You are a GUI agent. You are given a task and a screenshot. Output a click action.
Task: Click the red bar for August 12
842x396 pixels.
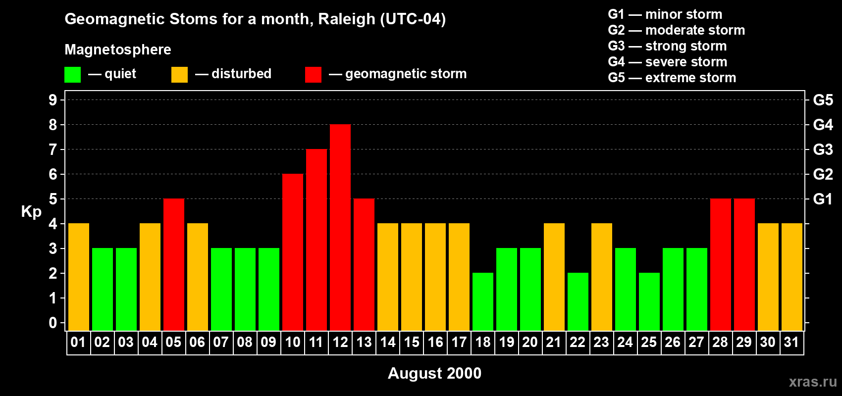340,228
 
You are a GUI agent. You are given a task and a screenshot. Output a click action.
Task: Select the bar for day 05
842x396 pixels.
174,265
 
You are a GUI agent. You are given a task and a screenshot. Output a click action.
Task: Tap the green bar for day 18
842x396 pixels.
483,301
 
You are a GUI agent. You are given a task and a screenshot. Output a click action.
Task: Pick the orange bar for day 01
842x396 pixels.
79,277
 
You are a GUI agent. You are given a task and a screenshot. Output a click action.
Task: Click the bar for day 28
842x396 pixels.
721,265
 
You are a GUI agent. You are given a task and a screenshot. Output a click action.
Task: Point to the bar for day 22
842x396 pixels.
578,301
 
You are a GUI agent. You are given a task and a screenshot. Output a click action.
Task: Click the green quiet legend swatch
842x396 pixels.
72,75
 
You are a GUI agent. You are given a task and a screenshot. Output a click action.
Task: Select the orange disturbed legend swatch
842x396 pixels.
179,75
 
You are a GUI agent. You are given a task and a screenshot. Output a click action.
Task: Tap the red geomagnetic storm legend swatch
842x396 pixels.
313,75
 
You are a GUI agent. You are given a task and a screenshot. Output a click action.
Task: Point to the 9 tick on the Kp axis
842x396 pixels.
53,100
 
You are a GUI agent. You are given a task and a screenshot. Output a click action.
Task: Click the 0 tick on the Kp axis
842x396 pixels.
53,323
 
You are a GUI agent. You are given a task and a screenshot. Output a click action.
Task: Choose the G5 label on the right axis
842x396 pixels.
823,100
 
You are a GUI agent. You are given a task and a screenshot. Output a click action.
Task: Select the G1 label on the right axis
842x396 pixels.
823,199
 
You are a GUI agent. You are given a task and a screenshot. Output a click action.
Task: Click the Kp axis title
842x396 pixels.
31,212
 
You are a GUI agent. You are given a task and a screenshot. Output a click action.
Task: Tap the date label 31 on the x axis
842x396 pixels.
791,343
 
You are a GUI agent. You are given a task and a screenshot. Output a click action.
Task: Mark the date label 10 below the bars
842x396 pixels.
293,343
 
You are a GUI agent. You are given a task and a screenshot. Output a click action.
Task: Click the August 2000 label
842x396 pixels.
434,373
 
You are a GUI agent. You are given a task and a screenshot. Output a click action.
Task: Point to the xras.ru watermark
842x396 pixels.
813,381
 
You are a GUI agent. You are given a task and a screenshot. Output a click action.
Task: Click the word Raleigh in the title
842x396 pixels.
347,19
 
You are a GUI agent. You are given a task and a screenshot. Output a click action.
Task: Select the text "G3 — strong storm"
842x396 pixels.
667,46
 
